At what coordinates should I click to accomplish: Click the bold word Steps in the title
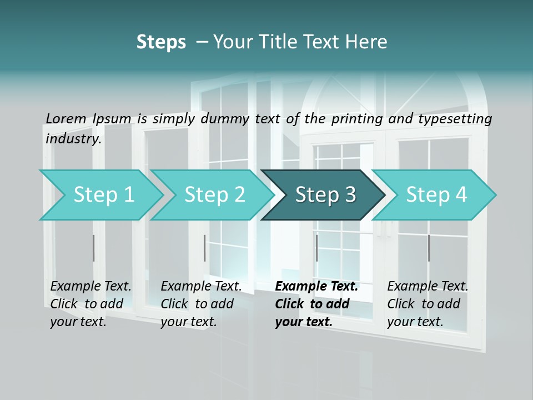point(161,42)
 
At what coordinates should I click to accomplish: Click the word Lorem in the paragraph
point(66,118)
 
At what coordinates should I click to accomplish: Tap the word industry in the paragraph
point(73,138)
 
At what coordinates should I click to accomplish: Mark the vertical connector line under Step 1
point(94,248)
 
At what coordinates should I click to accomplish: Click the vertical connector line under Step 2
point(205,248)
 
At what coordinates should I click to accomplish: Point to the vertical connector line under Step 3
point(316,248)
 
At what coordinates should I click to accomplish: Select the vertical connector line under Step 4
point(429,248)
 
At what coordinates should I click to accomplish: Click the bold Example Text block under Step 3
point(316,304)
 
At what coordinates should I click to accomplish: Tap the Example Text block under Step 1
point(90,304)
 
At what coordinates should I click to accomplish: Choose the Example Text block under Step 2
point(201,304)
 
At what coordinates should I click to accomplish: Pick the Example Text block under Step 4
point(428,304)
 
